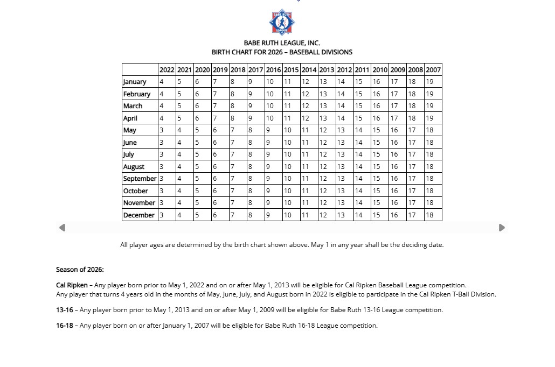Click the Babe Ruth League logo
[x=282, y=22]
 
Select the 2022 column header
[x=167, y=69]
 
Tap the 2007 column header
[x=433, y=69]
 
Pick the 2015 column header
[x=291, y=69]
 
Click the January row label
[x=135, y=82]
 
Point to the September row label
[x=140, y=179]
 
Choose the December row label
[x=139, y=215]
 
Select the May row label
[x=130, y=130]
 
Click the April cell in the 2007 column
[x=433, y=118]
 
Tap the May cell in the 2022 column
[x=167, y=130]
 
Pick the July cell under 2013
[x=327, y=154]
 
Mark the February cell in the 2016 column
[x=273, y=94]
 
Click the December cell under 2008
[x=415, y=215]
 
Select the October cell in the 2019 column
[x=220, y=191]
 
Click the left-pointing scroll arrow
[x=62, y=228]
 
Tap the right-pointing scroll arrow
[x=502, y=228]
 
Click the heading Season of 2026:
[x=80, y=270]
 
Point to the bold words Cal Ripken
[x=72, y=285]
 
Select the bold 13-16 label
[x=64, y=310]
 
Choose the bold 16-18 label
[x=64, y=326]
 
